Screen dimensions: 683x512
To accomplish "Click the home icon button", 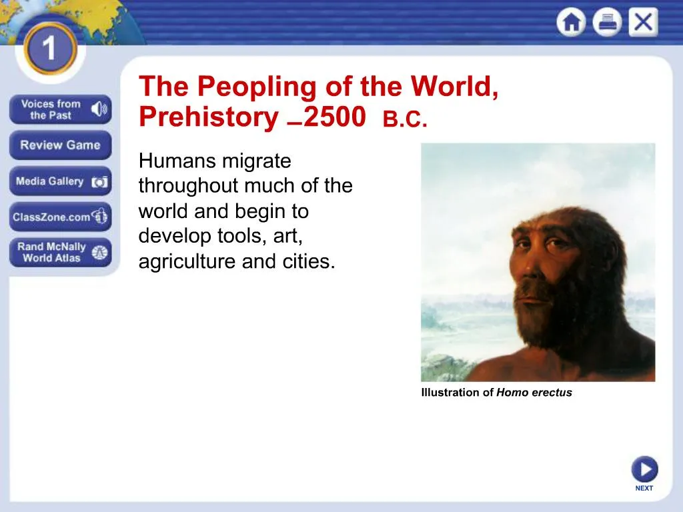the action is (571, 22).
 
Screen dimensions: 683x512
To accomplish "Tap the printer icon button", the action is (607, 22).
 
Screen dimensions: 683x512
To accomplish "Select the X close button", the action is (644, 22).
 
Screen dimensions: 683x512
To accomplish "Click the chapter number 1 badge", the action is (50, 48).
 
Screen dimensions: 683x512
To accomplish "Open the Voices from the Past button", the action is (60, 109).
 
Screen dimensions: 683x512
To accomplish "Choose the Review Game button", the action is (60, 145).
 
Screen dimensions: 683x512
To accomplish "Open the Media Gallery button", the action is (60, 181).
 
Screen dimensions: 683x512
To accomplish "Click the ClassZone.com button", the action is (60, 217).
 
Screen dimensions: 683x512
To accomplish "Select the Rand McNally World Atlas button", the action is (60, 253).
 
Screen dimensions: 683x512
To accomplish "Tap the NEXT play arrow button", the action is (645, 469).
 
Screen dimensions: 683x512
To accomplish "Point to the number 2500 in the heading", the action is (335, 117).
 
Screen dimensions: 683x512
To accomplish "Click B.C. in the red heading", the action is (405, 119).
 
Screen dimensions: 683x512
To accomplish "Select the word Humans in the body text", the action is (179, 161).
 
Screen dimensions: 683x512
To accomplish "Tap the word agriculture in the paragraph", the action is (187, 261).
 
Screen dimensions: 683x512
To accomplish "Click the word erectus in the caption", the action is (552, 392).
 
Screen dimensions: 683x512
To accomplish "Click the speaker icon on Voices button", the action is (99, 109).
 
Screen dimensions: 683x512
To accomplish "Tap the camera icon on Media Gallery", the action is (99, 182).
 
